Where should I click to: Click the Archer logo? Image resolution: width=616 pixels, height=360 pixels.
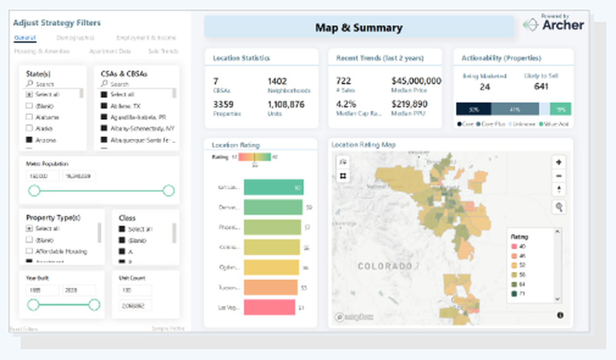pos(553,25)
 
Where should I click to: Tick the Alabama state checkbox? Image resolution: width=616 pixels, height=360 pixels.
pos(29,117)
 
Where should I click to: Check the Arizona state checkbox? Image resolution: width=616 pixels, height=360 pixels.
pos(29,140)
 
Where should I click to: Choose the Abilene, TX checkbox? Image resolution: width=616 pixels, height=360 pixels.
pos(103,105)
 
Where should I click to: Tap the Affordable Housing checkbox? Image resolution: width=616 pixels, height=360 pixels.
pos(29,252)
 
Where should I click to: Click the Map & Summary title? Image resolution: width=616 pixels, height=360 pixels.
pos(359,28)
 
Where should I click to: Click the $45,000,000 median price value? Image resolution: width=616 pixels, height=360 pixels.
pos(416,81)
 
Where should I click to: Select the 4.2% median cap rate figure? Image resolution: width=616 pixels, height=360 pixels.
pos(347,104)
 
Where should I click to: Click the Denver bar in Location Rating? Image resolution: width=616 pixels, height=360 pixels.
pos(273,207)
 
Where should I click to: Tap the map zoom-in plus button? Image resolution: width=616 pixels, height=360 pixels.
pos(559,162)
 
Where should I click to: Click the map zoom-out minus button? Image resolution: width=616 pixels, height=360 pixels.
pos(559,176)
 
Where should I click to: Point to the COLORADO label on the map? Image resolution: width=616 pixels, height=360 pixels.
pos(385,266)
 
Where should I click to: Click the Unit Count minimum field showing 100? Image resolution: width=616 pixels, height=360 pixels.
pos(134,290)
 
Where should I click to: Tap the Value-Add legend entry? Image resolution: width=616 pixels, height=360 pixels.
pos(557,125)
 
